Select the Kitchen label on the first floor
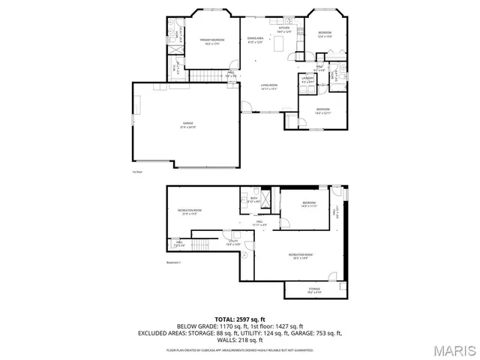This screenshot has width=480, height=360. click(x=283, y=30)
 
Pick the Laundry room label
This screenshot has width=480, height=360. click(x=307, y=79)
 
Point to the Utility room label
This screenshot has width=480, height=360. click(x=232, y=242)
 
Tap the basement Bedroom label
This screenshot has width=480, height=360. click(x=309, y=205)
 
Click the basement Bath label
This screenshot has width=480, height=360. click(x=254, y=199)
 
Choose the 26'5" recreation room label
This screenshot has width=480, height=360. click(x=301, y=256)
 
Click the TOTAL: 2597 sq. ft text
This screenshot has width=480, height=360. click(x=239, y=319)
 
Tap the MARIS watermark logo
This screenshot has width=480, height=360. click(x=454, y=349)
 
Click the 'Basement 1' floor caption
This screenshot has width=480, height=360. click(x=174, y=262)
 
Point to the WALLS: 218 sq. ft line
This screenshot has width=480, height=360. click(x=239, y=340)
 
